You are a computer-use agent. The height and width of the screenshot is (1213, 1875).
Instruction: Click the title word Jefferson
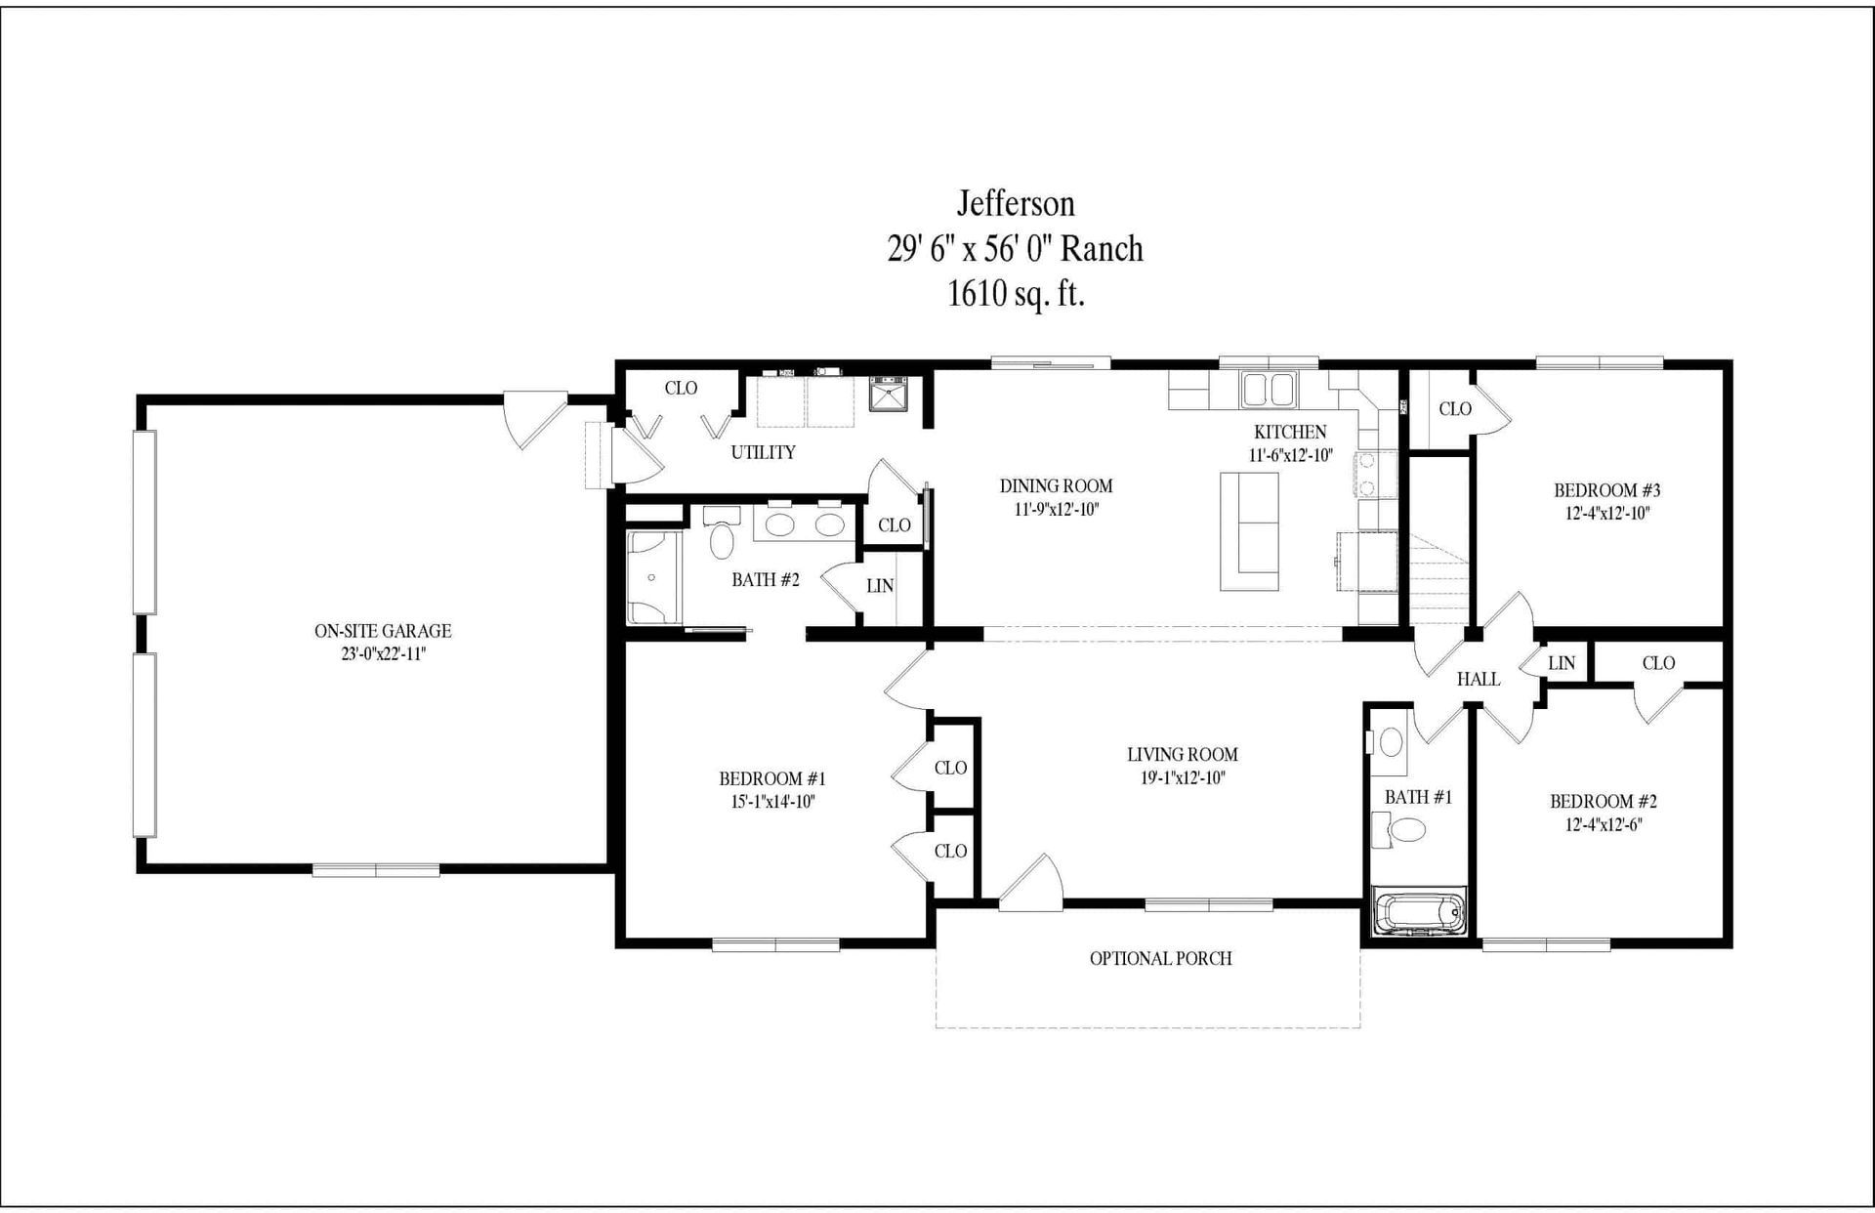point(1016,203)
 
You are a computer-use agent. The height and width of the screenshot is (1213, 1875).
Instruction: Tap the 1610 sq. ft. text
point(1016,293)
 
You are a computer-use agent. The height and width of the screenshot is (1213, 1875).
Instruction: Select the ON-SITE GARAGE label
point(383,631)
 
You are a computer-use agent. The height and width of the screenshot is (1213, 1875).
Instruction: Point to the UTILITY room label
point(763,452)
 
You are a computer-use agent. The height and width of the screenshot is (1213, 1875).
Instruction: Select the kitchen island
point(1249,531)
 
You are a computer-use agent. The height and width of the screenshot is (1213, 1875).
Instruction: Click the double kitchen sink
point(1269,390)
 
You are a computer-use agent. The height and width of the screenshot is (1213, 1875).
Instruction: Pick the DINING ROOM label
point(1056,485)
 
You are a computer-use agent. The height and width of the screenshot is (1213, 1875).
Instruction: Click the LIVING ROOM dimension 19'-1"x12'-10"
point(1183,778)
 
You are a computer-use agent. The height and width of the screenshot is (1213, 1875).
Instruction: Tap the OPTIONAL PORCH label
point(1160,959)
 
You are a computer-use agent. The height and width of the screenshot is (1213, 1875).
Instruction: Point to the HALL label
point(1478,679)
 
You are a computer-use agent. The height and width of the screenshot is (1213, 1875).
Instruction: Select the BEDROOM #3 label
point(1606,490)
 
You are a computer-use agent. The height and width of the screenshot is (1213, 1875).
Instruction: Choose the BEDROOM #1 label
point(772,778)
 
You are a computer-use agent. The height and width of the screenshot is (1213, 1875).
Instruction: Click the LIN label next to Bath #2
point(879,586)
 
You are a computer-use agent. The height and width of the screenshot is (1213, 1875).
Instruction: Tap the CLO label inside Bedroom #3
point(1454,409)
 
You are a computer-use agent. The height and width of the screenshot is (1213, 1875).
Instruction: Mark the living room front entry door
point(1031,882)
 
